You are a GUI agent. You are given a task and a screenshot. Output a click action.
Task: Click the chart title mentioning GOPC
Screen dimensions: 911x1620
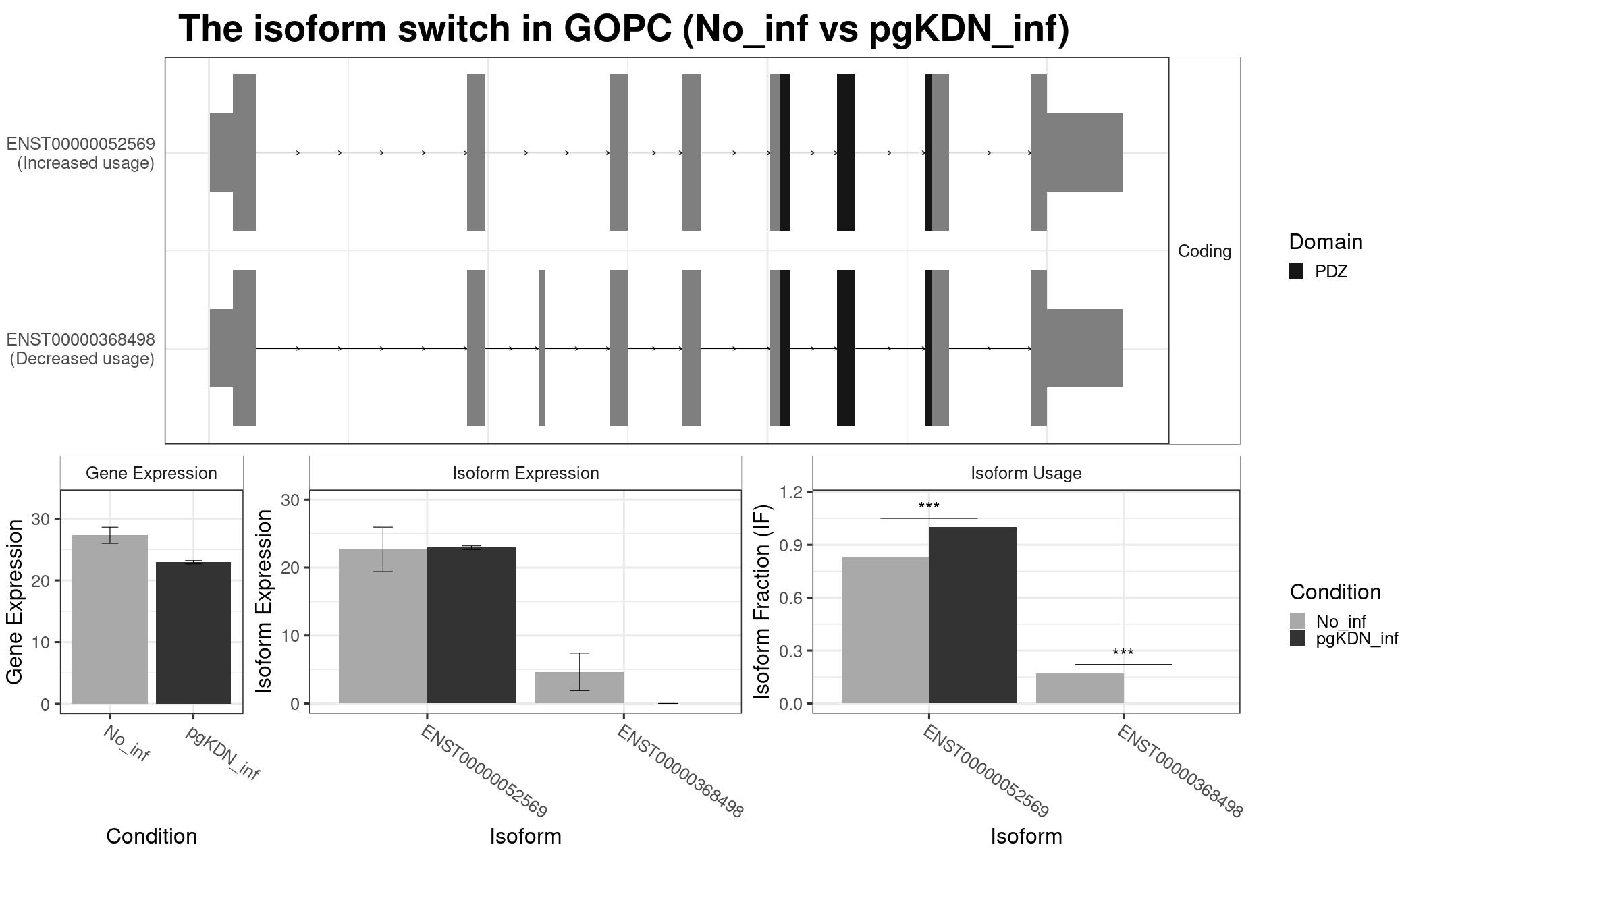point(624,30)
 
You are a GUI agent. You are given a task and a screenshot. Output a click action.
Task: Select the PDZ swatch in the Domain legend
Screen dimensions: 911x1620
point(1296,271)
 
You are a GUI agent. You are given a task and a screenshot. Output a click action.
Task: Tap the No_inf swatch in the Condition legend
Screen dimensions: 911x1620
point(1297,621)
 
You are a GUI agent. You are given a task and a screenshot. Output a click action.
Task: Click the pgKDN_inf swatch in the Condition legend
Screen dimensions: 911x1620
point(1297,638)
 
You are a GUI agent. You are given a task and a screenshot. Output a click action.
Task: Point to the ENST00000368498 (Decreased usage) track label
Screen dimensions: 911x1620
point(81,349)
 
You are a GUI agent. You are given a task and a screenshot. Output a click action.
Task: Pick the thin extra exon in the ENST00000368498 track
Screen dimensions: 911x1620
point(542,348)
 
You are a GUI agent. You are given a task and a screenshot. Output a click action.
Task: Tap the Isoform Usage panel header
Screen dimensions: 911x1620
point(1026,473)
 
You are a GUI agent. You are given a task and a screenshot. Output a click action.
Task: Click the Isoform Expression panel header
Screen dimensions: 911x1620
point(525,473)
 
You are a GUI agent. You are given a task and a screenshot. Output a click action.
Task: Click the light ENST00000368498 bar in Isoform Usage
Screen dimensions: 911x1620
point(1080,688)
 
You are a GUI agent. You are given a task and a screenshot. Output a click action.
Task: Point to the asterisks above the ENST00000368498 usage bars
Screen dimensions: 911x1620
point(1123,653)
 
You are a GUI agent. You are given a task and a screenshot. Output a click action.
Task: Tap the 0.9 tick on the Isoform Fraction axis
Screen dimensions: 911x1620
point(790,545)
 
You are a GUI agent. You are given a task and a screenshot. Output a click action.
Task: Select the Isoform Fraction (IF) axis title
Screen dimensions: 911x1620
point(762,602)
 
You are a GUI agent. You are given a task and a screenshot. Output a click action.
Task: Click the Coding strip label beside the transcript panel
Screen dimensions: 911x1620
point(1204,251)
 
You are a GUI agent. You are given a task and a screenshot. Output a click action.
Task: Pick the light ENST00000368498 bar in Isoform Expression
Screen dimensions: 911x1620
point(579,688)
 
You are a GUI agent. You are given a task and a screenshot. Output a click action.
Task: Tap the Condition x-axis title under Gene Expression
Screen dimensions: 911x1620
point(151,836)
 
